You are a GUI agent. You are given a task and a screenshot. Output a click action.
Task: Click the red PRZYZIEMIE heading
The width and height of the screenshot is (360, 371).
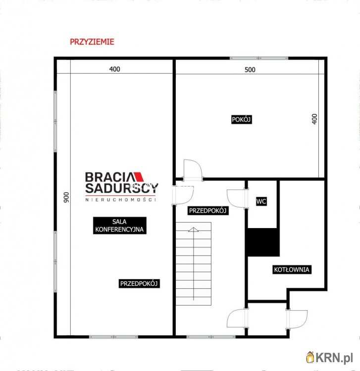point(92,42)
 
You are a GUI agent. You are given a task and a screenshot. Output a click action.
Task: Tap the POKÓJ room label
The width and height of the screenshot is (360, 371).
point(242,119)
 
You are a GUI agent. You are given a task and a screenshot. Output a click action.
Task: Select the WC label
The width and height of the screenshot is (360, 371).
point(261,201)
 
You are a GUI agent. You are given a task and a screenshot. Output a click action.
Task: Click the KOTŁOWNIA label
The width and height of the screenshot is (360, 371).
point(292,270)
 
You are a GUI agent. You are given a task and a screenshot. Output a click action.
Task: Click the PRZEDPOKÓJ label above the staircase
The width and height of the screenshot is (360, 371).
point(208,211)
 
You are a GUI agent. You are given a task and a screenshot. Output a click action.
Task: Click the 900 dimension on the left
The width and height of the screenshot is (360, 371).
point(65,197)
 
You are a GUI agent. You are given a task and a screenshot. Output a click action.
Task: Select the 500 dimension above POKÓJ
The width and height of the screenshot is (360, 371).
point(250,70)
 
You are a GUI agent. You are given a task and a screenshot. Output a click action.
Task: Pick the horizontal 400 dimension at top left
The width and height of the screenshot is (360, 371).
point(114,70)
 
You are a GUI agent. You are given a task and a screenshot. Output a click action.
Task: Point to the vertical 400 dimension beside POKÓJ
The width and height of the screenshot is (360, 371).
point(314,119)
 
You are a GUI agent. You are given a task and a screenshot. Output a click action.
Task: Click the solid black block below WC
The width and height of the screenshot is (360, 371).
point(261,242)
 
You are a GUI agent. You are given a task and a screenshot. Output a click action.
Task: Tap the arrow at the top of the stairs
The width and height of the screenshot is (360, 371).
point(193,230)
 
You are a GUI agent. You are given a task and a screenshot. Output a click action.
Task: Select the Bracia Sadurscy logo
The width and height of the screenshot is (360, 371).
point(121,185)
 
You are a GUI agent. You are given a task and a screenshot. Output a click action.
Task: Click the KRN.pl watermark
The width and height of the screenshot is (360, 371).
point(330,356)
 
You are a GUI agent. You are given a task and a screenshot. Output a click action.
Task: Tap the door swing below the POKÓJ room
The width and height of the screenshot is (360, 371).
point(192,170)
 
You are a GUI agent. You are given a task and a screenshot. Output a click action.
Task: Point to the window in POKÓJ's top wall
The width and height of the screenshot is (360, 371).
point(259,58)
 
